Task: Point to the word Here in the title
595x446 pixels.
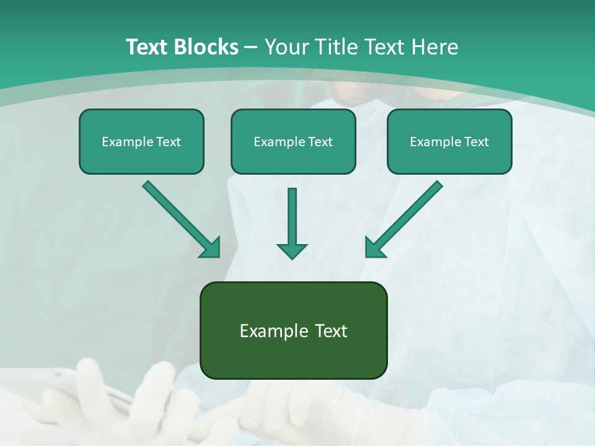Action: (x=434, y=46)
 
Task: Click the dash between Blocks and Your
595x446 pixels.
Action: (x=251, y=47)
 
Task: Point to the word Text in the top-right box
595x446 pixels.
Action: (x=476, y=142)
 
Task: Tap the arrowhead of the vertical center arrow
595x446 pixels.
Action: (x=292, y=251)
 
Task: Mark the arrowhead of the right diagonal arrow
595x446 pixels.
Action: (x=374, y=248)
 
